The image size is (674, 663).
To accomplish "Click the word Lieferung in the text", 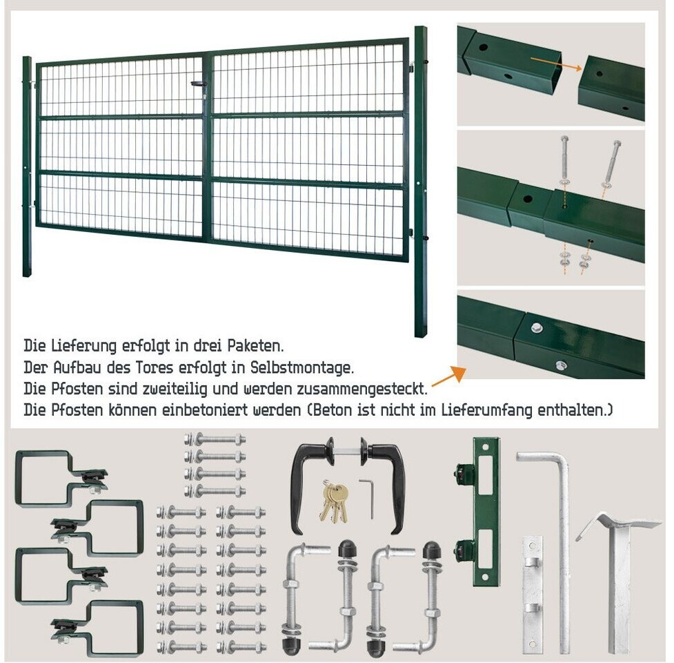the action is coord(84,346).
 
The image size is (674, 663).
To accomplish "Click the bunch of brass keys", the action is coord(334,501).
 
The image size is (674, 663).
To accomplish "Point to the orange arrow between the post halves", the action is coord(556,64).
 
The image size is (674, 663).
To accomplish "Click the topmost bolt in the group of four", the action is coord(215,440).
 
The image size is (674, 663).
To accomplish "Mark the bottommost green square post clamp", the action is coord(99,628).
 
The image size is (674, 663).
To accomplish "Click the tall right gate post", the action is coord(420,181).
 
